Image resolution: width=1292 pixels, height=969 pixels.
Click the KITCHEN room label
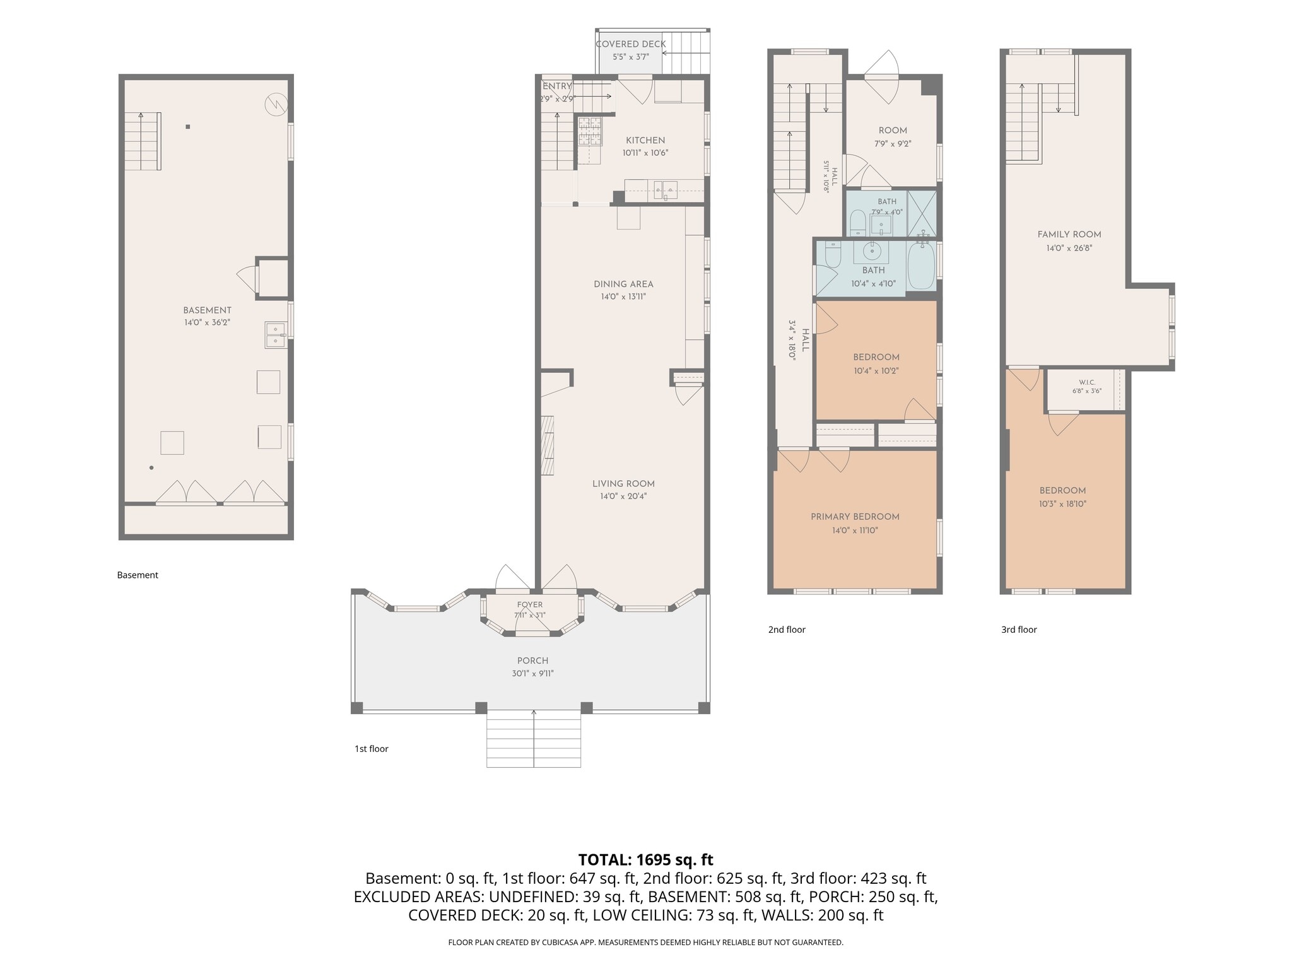(645, 140)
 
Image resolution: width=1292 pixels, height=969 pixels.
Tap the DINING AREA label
(623, 284)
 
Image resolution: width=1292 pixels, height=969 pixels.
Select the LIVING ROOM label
(623, 484)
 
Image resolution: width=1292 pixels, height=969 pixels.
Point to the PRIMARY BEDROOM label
(855, 517)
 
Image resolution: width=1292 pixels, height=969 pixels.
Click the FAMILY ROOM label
(1069, 235)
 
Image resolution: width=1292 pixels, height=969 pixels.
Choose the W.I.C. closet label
(1087, 382)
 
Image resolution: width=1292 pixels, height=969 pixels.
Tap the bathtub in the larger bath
(921, 266)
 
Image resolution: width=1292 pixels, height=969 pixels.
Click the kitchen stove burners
(590, 131)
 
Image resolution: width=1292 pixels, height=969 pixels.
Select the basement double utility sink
(276, 334)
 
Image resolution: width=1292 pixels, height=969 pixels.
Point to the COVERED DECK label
(631, 44)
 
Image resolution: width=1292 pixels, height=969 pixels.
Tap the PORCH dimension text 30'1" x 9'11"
(532, 673)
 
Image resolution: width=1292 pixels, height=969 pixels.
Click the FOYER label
(530, 604)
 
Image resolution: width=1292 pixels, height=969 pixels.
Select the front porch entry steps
(534, 739)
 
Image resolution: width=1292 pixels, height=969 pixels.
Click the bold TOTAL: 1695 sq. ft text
(645, 860)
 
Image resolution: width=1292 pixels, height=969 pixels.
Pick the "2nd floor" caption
(787, 630)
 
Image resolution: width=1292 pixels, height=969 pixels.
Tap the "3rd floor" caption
(1019, 630)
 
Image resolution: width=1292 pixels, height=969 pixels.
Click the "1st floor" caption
(372, 749)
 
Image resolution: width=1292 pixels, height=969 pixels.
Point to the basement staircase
(143, 141)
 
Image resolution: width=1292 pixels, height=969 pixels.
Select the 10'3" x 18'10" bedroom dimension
(1062, 504)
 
